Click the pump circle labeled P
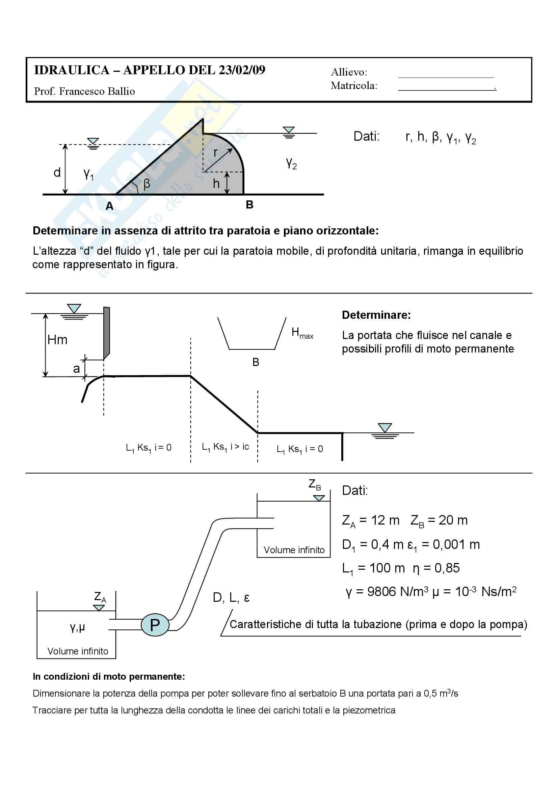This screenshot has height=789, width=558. (x=155, y=624)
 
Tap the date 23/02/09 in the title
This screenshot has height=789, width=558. (x=242, y=70)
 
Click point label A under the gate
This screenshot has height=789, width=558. (x=109, y=206)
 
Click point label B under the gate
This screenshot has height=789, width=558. (x=249, y=205)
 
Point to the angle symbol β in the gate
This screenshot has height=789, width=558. (x=147, y=184)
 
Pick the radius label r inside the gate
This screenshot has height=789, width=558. (x=216, y=152)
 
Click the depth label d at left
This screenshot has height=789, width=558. (x=57, y=172)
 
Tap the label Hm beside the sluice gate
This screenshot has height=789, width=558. (x=57, y=340)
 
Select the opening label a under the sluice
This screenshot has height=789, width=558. (x=76, y=368)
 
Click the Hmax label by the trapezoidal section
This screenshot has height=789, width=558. (x=302, y=333)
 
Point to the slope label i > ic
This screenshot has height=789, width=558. (x=240, y=446)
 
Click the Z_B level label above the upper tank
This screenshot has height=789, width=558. (x=315, y=484)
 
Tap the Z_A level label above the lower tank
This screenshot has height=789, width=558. (x=100, y=597)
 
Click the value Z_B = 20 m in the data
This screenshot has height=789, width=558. (x=439, y=520)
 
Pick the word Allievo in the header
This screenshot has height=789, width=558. (x=349, y=72)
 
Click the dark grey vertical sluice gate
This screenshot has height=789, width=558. (x=107, y=332)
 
